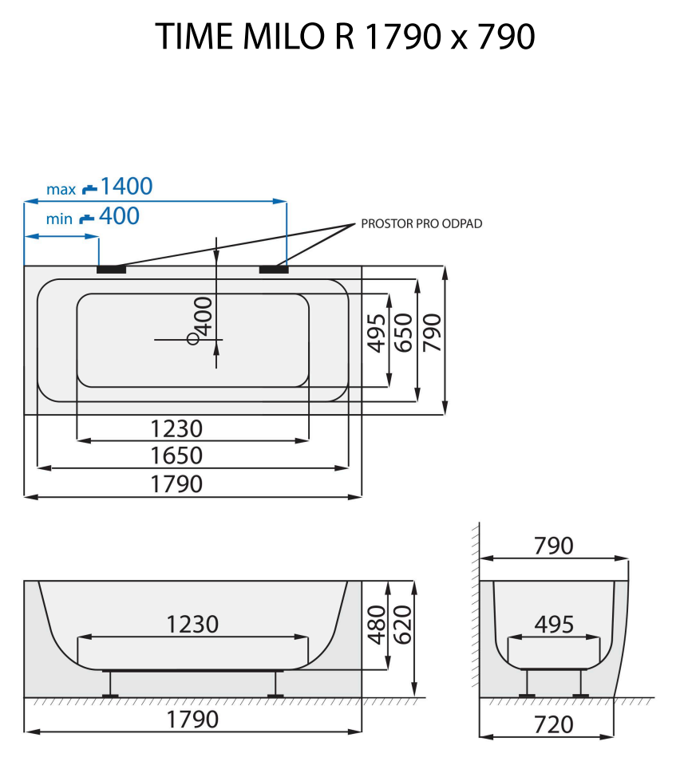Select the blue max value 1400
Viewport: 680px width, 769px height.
coord(126,187)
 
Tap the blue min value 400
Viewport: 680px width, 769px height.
coord(119,215)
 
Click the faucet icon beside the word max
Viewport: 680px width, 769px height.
coord(89,189)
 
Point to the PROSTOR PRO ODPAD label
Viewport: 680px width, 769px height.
coord(421,223)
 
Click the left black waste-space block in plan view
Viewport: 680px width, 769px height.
coord(112,270)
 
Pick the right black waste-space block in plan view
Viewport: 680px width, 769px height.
coord(273,270)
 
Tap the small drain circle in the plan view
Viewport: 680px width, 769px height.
coord(192,339)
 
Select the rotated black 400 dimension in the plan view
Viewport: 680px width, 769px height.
coord(204,316)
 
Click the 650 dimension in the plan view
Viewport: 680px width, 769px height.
coord(404,333)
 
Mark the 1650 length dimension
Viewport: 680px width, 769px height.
coord(177,455)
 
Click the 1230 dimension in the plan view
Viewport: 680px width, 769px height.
coord(177,428)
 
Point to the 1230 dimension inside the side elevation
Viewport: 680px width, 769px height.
coord(192,624)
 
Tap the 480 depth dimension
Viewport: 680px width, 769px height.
coord(376,625)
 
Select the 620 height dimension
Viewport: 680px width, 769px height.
coord(401,625)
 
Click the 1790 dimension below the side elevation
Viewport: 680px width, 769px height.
coord(192,719)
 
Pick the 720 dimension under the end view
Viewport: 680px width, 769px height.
coord(553,724)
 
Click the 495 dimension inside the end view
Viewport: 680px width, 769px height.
coord(553,625)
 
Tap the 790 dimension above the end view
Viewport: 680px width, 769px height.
coord(553,546)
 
